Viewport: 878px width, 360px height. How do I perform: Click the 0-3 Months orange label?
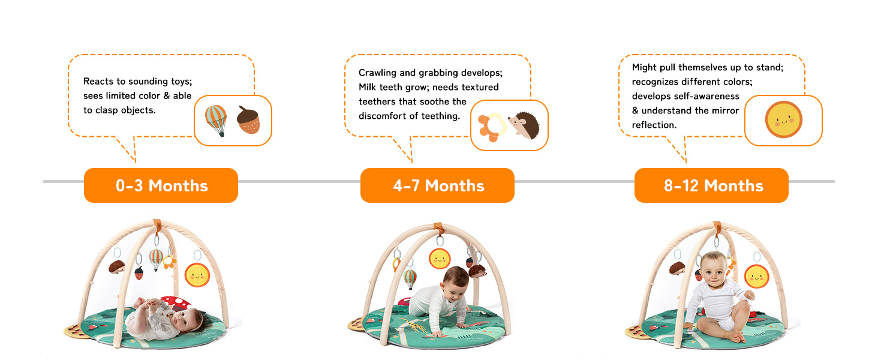(x=161, y=185)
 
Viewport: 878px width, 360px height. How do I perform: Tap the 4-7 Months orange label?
(x=437, y=185)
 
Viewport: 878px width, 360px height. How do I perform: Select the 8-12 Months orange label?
(x=711, y=185)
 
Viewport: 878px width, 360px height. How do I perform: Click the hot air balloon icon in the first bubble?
(x=216, y=121)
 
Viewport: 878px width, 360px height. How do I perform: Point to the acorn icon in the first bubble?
(x=248, y=119)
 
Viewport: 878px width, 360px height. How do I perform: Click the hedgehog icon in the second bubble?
(x=524, y=125)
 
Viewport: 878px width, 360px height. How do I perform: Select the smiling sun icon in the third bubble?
(x=783, y=119)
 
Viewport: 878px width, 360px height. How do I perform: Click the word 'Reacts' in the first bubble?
(x=98, y=81)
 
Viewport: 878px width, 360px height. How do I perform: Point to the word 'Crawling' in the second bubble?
(x=377, y=73)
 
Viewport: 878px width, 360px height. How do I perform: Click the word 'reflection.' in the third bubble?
(x=654, y=125)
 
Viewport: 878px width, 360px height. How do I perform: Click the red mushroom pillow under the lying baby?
(x=176, y=303)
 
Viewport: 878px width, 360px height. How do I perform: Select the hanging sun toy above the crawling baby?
(x=440, y=259)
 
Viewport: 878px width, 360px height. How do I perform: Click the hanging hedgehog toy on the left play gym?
(x=117, y=266)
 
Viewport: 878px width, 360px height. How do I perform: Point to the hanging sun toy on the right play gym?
(x=756, y=277)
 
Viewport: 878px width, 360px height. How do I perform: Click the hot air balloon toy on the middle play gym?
(x=410, y=278)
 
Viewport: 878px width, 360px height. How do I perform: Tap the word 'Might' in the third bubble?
(x=644, y=67)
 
